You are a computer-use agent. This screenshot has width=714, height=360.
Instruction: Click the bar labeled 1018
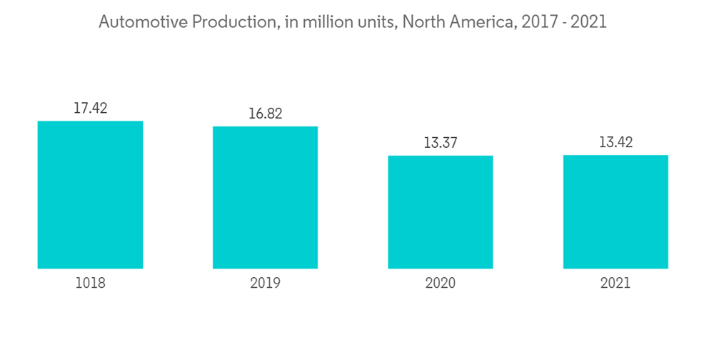[90, 195]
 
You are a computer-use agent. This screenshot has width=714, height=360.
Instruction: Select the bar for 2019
[265, 198]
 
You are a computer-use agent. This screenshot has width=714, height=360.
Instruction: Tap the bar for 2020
[440, 212]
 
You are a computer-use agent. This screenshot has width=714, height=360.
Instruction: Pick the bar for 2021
[615, 212]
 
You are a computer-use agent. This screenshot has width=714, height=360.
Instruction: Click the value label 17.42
[90, 109]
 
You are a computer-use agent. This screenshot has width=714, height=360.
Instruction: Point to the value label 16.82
[265, 114]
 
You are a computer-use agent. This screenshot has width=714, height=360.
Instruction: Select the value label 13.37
[440, 143]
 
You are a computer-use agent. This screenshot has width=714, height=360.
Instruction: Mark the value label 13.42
[615, 143]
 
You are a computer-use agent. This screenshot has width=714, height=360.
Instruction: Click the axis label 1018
[90, 284]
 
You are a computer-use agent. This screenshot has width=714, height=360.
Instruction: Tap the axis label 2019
[265, 284]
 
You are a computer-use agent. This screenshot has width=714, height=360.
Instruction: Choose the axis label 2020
[440, 284]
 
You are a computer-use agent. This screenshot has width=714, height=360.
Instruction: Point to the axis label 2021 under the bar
[615, 284]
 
